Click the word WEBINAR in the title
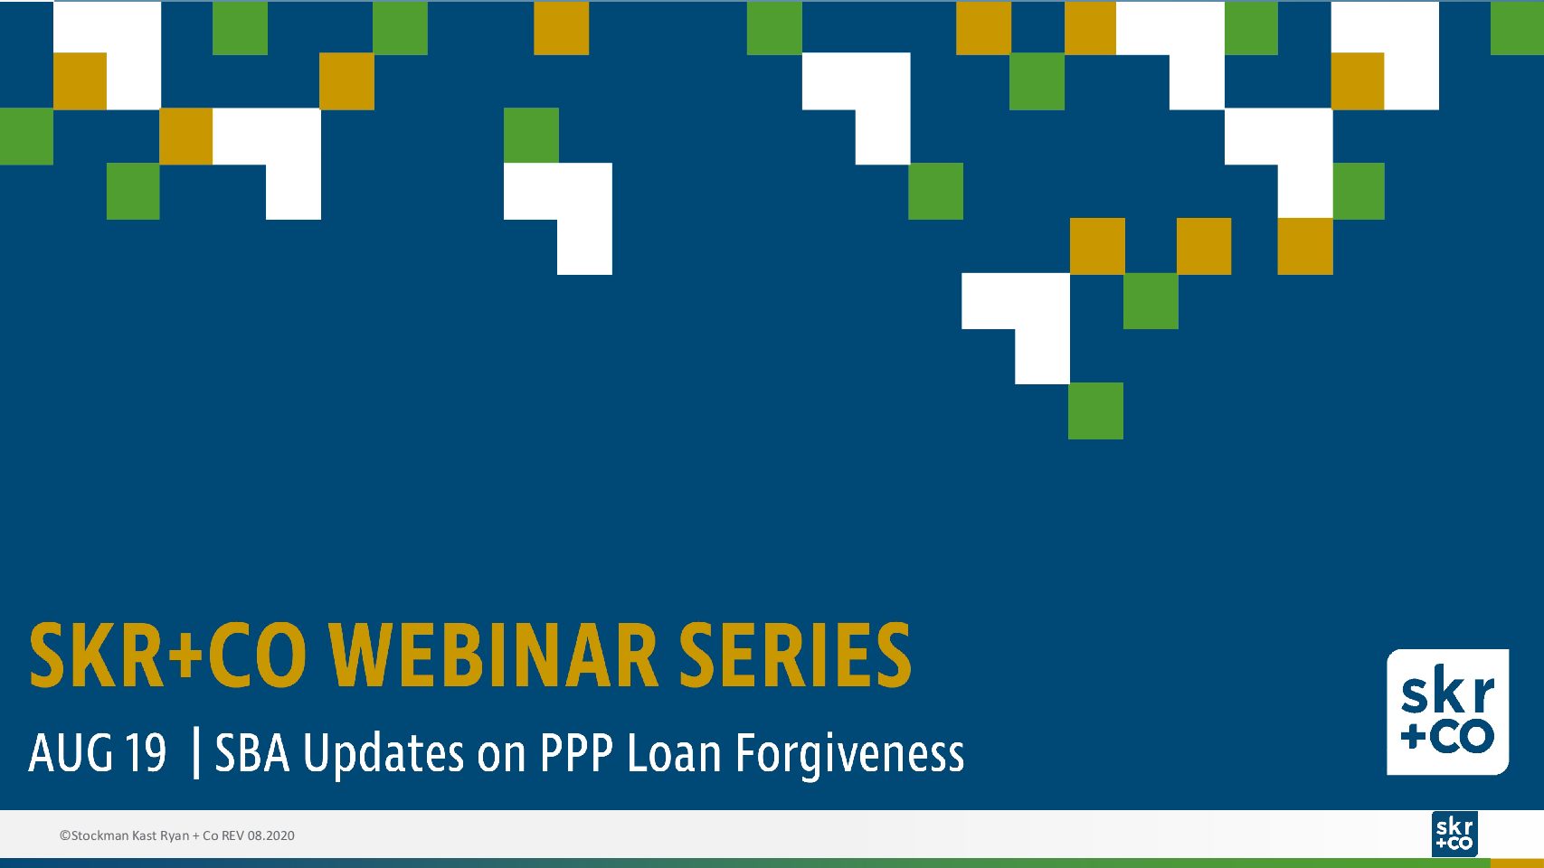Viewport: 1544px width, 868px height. [x=494, y=655]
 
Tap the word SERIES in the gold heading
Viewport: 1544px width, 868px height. [x=795, y=655]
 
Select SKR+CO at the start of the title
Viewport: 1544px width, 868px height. [x=167, y=655]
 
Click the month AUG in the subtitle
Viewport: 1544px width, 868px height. [x=70, y=753]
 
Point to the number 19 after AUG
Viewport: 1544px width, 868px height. [x=146, y=753]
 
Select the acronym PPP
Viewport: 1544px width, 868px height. [x=576, y=753]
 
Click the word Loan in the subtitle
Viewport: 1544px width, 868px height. [x=674, y=753]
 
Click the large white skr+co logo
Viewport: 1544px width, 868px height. [x=1447, y=712]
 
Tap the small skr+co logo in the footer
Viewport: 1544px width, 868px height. [x=1454, y=834]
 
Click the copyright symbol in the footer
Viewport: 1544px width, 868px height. [x=65, y=835]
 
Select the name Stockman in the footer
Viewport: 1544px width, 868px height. [x=99, y=835]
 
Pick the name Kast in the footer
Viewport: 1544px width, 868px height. [x=144, y=835]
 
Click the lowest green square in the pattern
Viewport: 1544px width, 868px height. [x=1096, y=411]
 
